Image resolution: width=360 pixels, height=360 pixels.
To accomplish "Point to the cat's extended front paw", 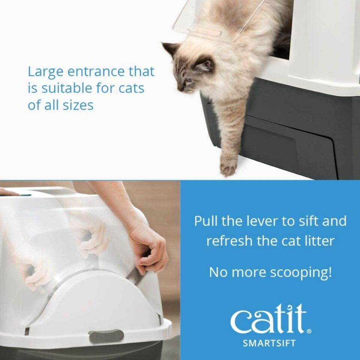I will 228,167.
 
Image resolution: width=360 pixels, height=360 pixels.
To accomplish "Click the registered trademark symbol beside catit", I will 309,331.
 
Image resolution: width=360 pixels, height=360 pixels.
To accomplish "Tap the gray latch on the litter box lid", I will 106,336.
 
